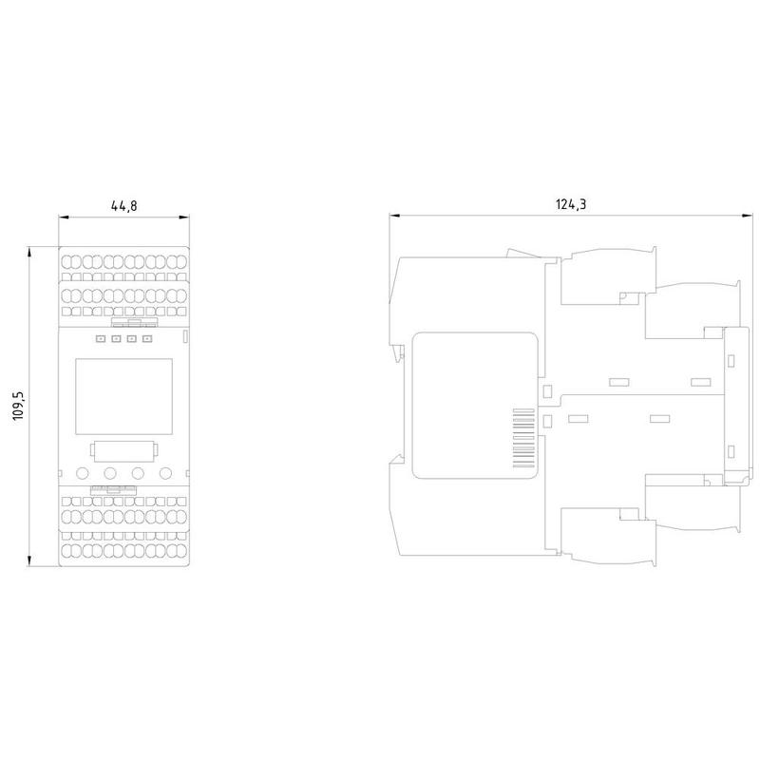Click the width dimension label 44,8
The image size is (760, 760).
pos(124,205)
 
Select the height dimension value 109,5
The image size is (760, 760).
pos(18,406)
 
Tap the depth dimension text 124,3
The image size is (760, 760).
pos(571,204)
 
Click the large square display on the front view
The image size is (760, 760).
pos(124,396)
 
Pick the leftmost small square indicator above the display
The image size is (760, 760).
pos(101,338)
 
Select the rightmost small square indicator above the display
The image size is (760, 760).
pos(147,338)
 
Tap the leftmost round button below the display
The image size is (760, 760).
pos(83,472)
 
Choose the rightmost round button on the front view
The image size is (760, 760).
pos(165,472)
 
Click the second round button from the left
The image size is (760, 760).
pos(110,472)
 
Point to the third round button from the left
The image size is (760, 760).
pos(138,472)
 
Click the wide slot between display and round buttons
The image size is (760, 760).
pos(124,451)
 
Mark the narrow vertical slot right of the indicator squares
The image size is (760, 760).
pos(184,337)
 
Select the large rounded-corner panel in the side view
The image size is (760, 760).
pos(475,406)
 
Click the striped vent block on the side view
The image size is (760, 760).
pos(523,438)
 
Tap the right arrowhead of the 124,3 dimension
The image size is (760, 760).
pos(748,216)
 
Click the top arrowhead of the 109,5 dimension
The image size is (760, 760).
pos(29,252)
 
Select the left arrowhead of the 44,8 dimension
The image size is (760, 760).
pos(64,218)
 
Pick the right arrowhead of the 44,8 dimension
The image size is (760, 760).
pos(184,218)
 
